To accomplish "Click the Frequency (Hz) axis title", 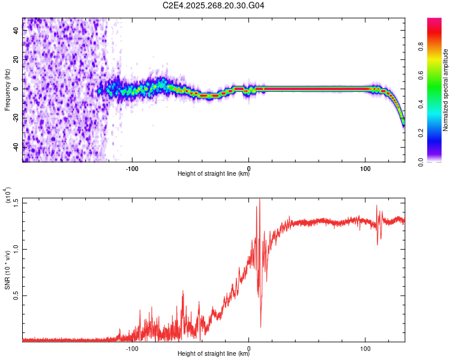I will [7, 89].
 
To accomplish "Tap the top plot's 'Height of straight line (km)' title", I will [214, 175].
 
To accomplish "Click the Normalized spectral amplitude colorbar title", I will [446, 90].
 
